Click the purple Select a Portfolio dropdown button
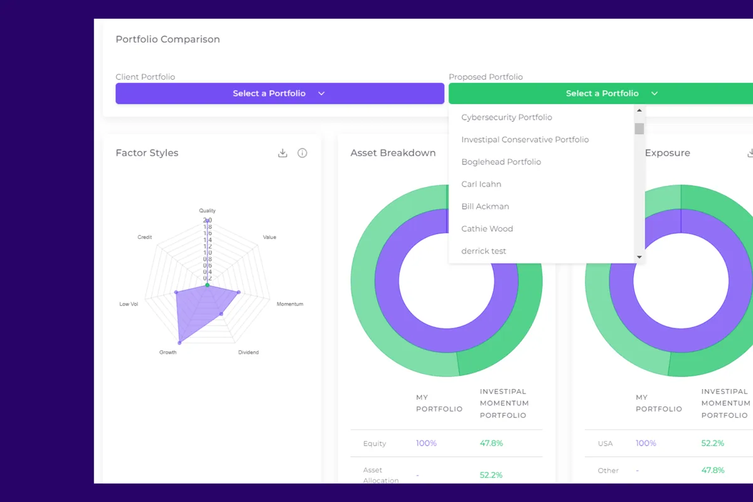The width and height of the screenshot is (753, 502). pyautogui.click(x=279, y=93)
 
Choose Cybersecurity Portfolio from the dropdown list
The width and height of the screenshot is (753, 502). pyautogui.click(x=506, y=117)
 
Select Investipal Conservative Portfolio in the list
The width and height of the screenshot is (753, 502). pyautogui.click(x=525, y=139)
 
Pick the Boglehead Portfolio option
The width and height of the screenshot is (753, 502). pyautogui.click(x=501, y=162)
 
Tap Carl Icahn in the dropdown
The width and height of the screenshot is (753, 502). pyautogui.click(x=481, y=184)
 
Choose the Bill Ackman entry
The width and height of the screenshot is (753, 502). pyautogui.click(x=485, y=206)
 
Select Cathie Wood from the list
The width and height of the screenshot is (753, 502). pyautogui.click(x=487, y=228)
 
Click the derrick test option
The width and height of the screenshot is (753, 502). pyautogui.click(x=483, y=251)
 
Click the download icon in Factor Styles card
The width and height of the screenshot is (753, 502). pyautogui.click(x=282, y=153)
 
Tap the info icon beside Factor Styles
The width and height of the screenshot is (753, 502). pyautogui.click(x=302, y=153)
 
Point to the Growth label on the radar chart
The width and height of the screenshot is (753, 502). pyautogui.click(x=168, y=353)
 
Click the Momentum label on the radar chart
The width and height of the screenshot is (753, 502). pyautogui.click(x=289, y=304)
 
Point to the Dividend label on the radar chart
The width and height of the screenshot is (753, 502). pyautogui.click(x=248, y=353)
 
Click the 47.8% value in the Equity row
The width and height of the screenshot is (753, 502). pyautogui.click(x=491, y=443)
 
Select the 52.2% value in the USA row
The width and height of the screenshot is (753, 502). pyautogui.click(x=712, y=443)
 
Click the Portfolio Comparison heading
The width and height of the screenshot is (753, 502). pyautogui.click(x=168, y=39)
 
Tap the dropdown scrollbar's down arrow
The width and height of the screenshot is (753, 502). pyautogui.click(x=639, y=257)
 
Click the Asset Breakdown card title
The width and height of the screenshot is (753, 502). pyautogui.click(x=393, y=153)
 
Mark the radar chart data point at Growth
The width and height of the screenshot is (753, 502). pyautogui.click(x=180, y=343)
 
